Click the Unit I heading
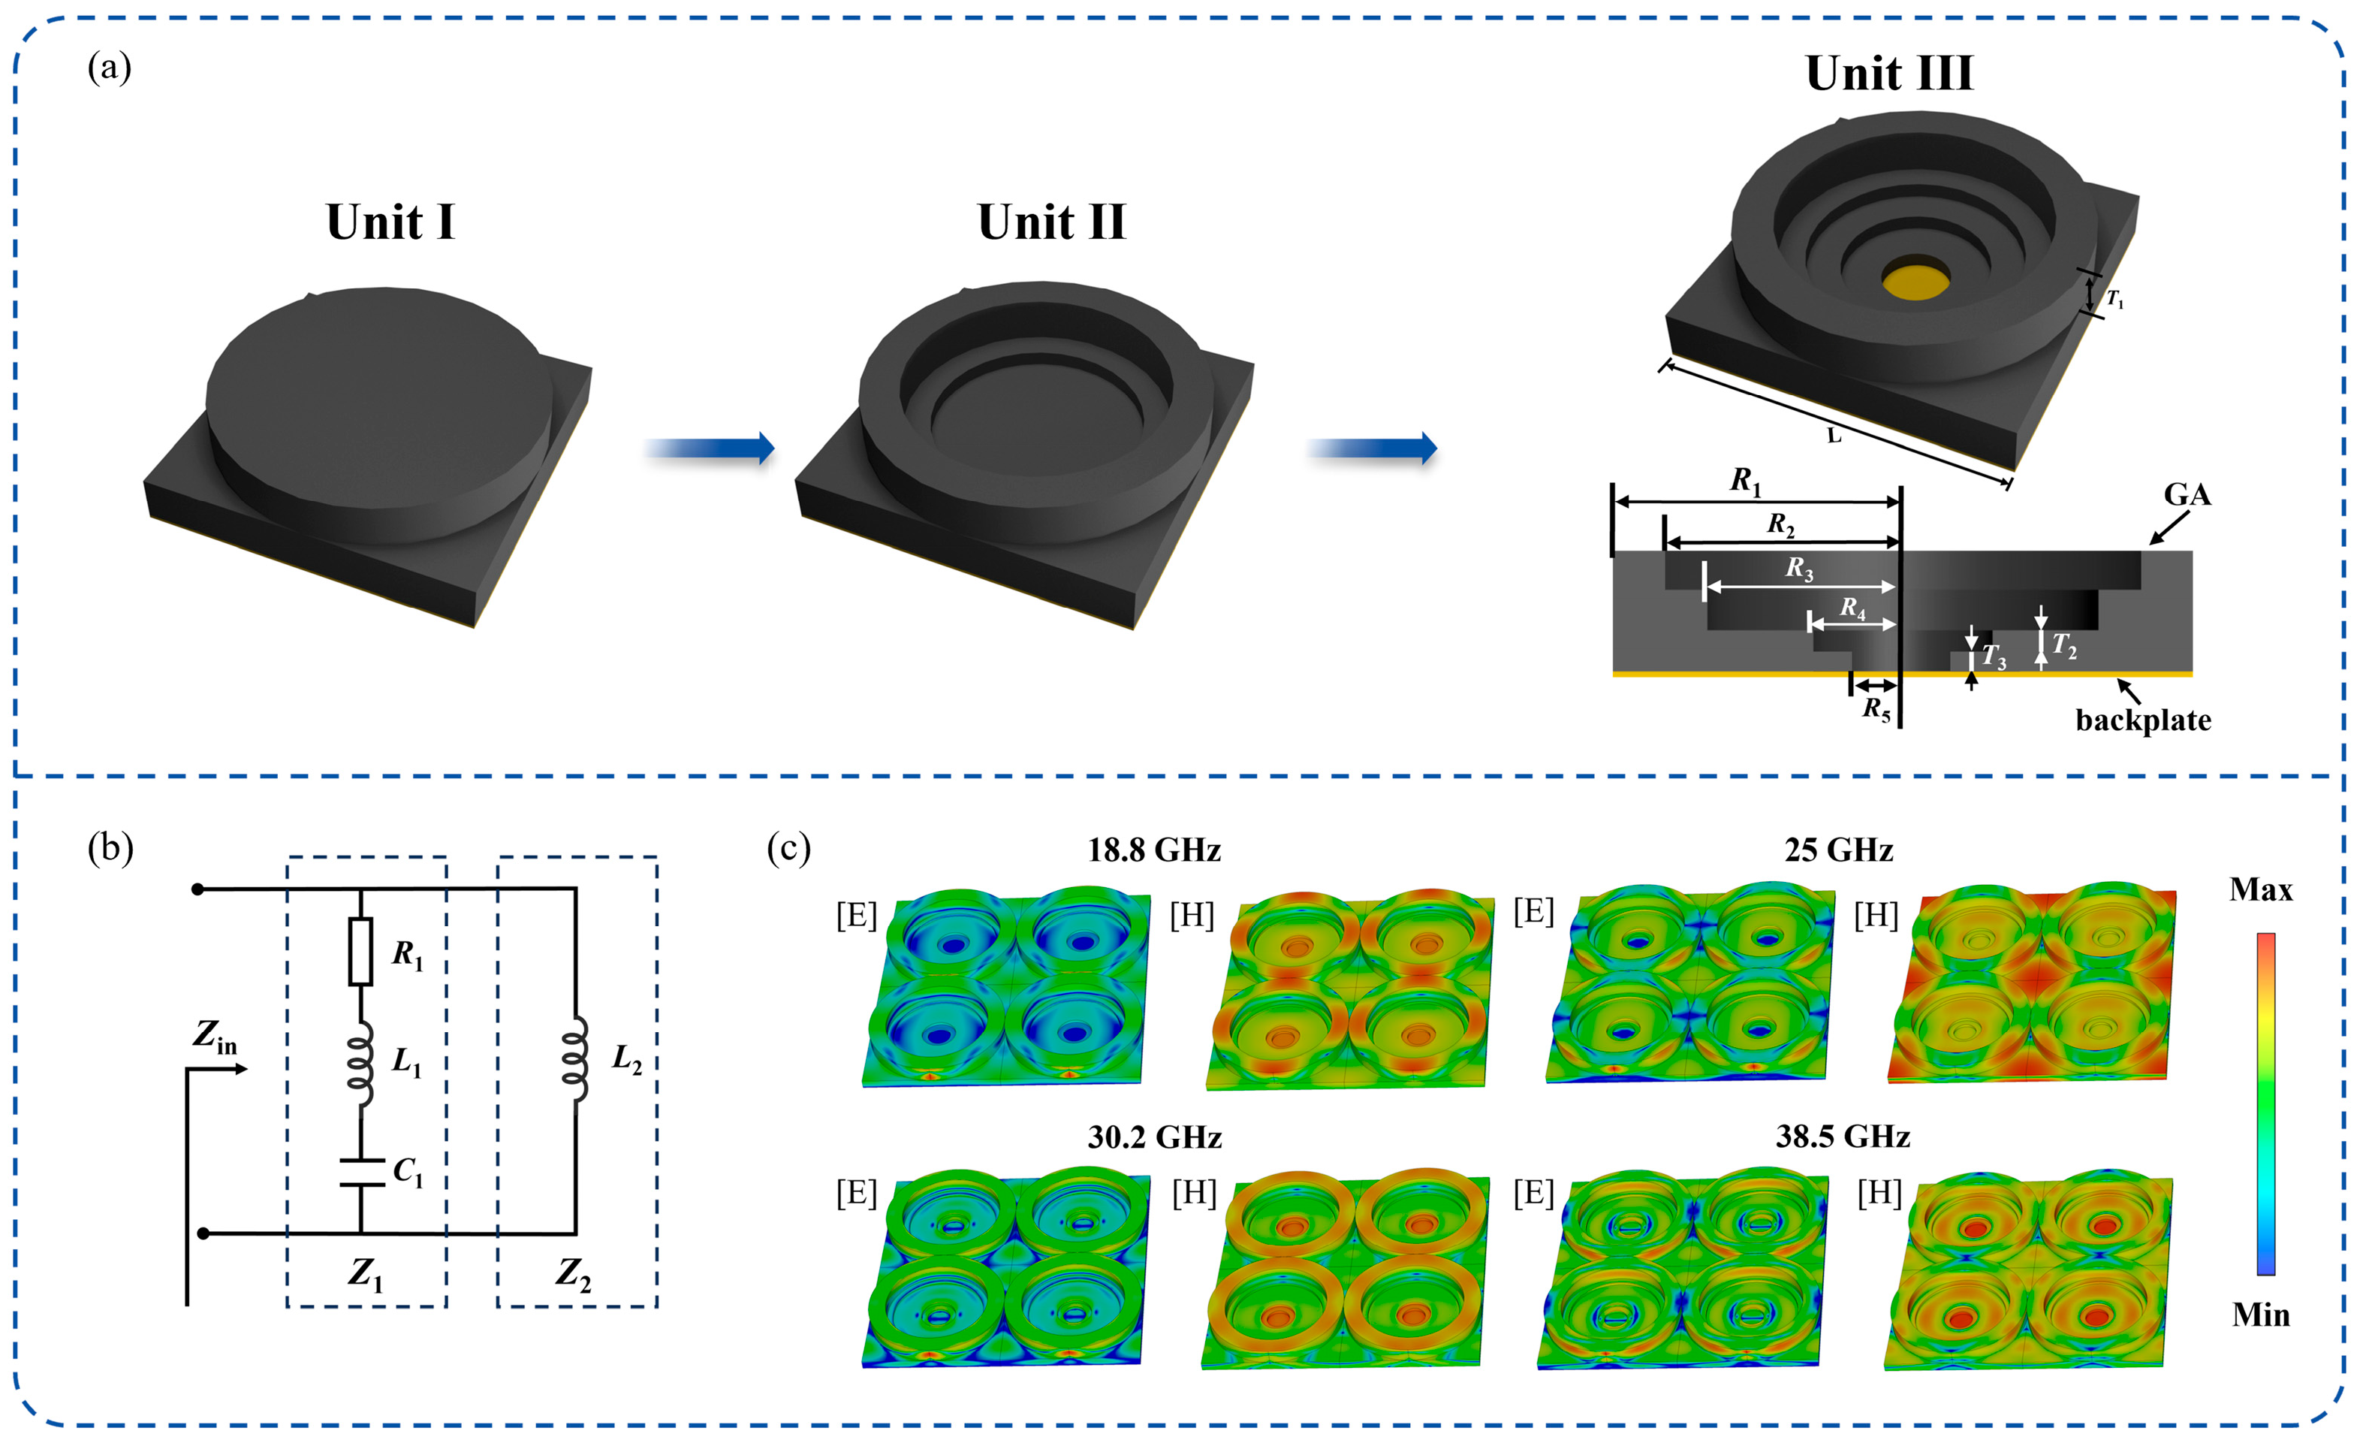click(390, 223)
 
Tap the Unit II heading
click(1051, 223)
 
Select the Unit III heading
click(1888, 74)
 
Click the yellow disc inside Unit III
click(1916, 279)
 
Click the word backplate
click(2143, 720)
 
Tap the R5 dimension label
click(1876, 709)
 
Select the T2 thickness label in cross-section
click(2063, 647)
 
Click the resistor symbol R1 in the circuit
click(360, 951)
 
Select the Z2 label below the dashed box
click(573, 1273)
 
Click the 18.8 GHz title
click(1153, 850)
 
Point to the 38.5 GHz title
click(1843, 1136)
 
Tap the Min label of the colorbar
click(2260, 1315)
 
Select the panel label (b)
click(110, 848)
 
